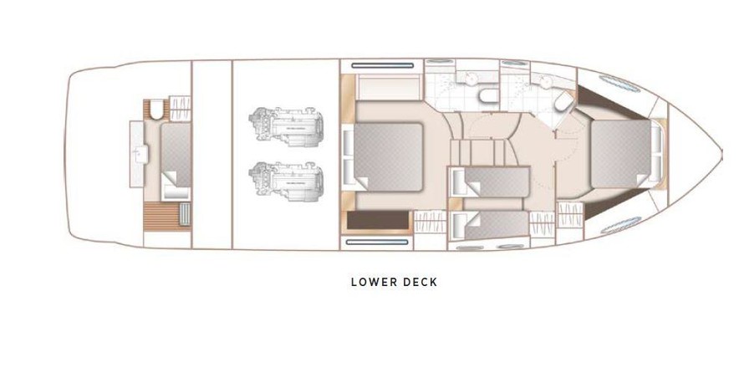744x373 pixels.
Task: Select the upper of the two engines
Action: tap(286, 125)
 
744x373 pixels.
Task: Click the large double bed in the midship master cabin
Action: tap(388, 157)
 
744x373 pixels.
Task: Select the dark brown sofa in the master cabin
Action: tap(378, 221)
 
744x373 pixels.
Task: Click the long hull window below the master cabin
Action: tap(377, 242)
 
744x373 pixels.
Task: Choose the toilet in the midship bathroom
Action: tap(488, 96)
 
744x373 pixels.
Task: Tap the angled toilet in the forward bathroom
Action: tap(563, 101)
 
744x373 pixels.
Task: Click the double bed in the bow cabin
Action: tap(621, 154)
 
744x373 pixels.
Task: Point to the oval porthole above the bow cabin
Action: tap(619, 84)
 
